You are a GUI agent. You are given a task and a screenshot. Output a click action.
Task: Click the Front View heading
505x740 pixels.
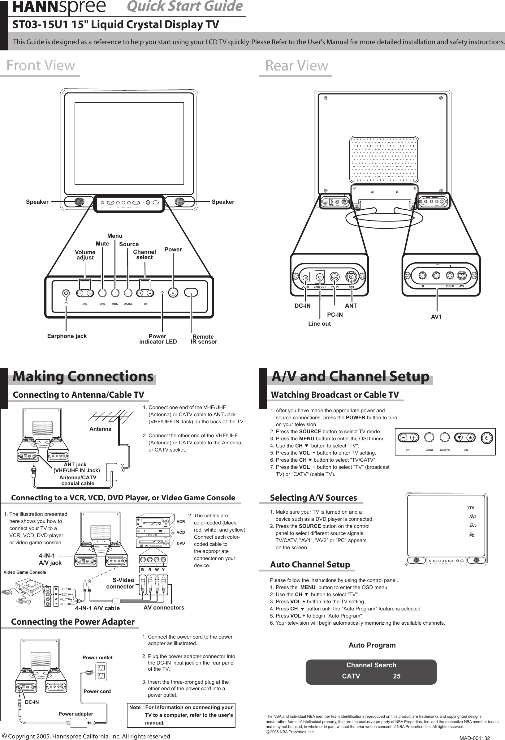tap(41, 65)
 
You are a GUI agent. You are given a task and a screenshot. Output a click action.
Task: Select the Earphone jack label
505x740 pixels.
tap(67, 336)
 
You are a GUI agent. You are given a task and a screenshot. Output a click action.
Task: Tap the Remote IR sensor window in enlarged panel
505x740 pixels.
tap(191, 292)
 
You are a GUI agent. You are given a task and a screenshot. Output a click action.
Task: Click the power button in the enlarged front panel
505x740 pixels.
tap(173, 293)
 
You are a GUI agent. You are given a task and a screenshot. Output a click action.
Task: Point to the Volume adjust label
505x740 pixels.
tap(85, 255)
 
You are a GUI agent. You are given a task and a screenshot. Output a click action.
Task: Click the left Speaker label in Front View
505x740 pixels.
tap(37, 202)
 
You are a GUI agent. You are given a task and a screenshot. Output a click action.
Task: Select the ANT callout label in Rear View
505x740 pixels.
tap(351, 306)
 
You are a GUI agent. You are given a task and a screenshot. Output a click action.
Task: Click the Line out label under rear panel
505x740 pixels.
tap(319, 324)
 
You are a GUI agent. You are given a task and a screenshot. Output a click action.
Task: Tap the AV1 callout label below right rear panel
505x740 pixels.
tap(436, 317)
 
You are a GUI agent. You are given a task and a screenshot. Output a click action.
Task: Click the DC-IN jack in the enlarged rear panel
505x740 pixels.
tap(305, 278)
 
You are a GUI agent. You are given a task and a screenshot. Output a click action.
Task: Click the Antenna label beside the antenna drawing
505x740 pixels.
tap(100, 429)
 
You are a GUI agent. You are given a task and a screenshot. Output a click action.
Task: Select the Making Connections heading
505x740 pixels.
tap(83, 376)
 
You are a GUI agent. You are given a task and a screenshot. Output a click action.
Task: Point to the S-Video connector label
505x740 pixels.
tap(120, 583)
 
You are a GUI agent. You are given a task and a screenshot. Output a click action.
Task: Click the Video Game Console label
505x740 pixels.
tap(25, 572)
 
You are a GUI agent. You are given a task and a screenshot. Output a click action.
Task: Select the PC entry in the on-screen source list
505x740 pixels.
tap(472, 536)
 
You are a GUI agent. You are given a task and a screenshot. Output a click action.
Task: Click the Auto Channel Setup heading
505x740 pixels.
tap(310, 565)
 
